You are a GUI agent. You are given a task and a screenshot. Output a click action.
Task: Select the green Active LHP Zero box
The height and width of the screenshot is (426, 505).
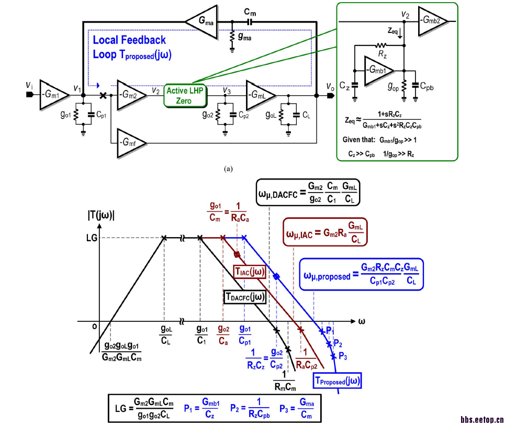[x=185, y=95]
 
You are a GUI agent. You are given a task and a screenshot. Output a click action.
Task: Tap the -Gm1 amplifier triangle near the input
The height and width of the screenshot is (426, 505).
[x=53, y=95]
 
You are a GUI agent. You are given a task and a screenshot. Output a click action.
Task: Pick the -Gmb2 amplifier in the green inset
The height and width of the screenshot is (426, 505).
[x=434, y=22]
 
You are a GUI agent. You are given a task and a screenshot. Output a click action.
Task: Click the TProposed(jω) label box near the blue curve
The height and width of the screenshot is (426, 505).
[x=338, y=381]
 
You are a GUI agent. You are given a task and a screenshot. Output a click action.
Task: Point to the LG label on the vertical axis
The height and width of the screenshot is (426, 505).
[x=91, y=238]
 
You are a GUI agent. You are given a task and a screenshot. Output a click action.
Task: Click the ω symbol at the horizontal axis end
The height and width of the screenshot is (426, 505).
[x=361, y=320]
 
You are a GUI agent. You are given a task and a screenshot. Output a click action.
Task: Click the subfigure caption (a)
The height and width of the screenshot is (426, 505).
[x=228, y=169]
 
